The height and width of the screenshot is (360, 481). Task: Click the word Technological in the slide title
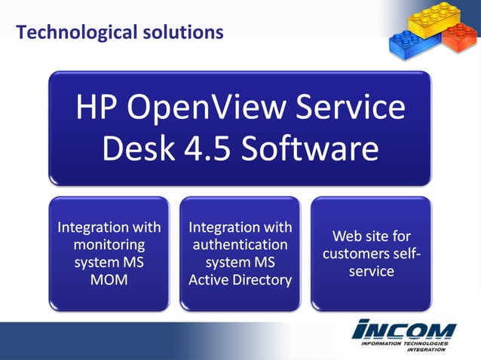point(65,32)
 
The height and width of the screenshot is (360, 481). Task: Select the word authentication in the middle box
point(240,245)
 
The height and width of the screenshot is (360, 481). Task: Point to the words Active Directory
point(240,280)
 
